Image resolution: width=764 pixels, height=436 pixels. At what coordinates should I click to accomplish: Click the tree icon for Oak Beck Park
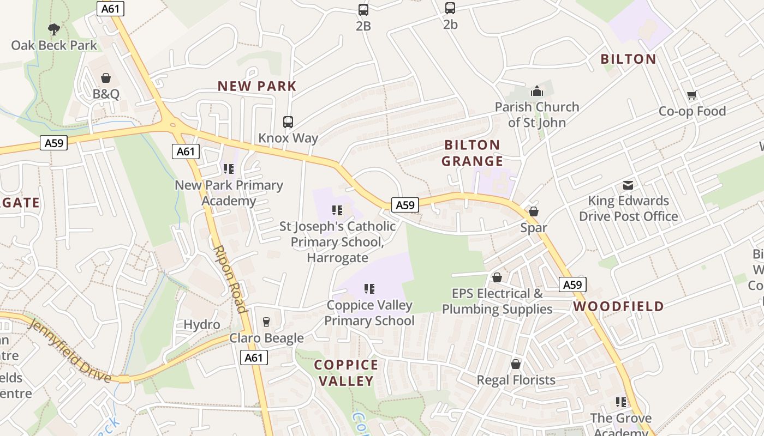click(53, 29)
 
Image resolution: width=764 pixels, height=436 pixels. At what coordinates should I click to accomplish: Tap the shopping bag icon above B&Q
click(106, 78)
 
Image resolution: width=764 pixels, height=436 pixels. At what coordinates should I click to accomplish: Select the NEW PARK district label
click(256, 86)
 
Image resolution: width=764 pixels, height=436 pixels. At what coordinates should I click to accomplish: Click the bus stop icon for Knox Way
click(288, 122)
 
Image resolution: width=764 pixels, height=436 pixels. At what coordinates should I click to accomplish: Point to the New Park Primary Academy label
click(229, 193)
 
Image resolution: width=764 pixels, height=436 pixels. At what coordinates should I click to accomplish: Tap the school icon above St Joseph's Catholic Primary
click(337, 210)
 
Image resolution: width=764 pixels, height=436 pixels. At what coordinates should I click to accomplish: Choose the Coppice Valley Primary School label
click(369, 313)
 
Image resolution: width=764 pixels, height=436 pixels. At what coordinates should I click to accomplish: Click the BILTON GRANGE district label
click(472, 153)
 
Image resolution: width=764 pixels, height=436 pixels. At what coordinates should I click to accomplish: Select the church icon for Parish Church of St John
click(537, 91)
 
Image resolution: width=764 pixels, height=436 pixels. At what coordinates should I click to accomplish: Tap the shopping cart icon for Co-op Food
click(692, 95)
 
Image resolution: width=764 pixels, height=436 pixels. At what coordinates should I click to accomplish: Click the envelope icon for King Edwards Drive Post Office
click(628, 185)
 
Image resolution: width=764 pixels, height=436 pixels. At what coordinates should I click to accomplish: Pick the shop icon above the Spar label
click(534, 211)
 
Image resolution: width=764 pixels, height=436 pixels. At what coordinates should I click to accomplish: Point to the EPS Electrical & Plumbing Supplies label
click(497, 301)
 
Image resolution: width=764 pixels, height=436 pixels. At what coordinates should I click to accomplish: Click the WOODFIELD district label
click(618, 306)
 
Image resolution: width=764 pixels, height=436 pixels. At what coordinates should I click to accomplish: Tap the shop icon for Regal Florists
click(516, 364)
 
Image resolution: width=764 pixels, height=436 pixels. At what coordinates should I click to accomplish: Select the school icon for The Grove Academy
click(621, 402)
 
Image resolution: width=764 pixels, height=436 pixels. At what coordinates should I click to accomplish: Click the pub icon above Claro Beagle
click(266, 322)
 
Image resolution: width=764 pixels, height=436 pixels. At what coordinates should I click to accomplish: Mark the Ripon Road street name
click(230, 279)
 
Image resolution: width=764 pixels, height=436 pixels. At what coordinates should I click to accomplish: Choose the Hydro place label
click(202, 325)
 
